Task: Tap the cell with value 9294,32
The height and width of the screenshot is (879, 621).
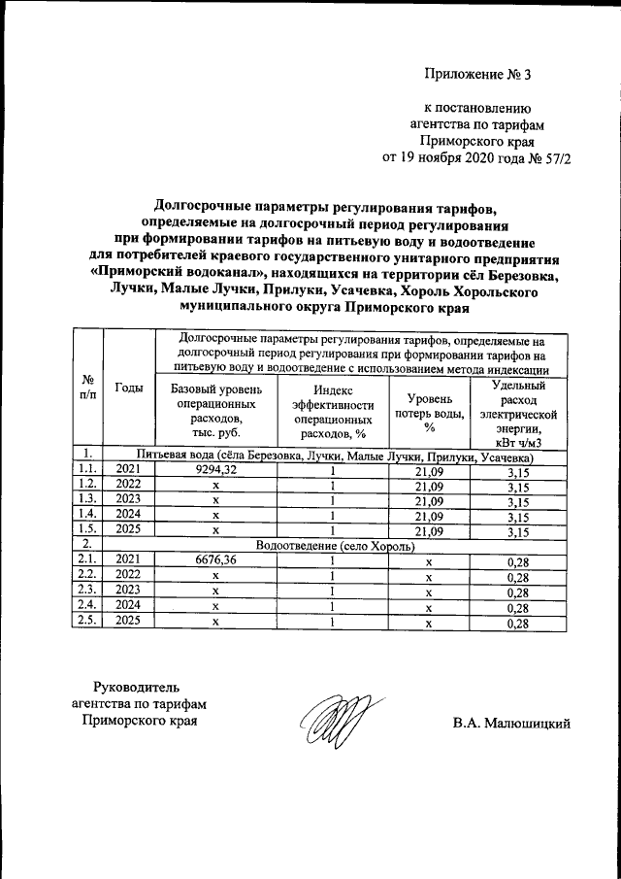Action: click(x=216, y=470)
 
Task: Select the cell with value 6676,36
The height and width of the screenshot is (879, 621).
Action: click(x=216, y=559)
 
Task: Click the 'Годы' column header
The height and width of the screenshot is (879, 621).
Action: click(x=129, y=388)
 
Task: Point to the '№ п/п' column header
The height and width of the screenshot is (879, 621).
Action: click(x=88, y=388)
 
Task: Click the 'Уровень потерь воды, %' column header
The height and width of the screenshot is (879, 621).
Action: click(x=428, y=413)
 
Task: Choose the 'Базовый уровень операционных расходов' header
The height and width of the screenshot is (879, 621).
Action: click(x=216, y=413)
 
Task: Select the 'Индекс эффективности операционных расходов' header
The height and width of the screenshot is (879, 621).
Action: click(x=332, y=413)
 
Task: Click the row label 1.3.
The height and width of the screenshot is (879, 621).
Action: click(x=88, y=499)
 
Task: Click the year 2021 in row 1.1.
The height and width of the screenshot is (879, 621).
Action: click(x=129, y=470)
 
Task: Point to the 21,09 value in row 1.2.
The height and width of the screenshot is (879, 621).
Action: click(x=428, y=485)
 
